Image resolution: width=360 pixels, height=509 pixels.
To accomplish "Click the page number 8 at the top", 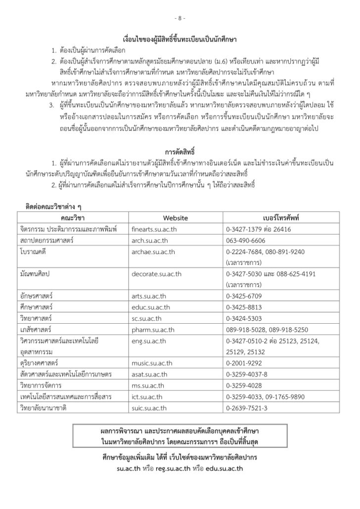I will coord(180,18).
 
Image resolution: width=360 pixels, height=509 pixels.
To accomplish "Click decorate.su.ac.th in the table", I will coord(157,273).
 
